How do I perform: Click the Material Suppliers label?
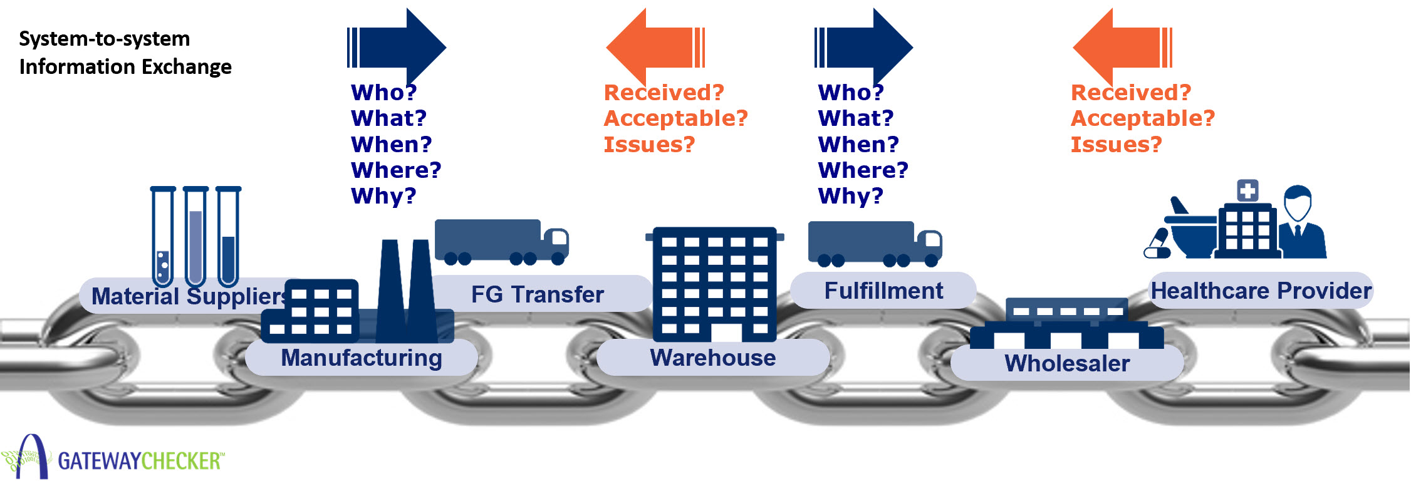pyautogui.click(x=188, y=296)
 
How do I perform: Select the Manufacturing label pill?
pyautogui.click(x=362, y=358)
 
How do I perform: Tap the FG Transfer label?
pyautogui.click(x=538, y=294)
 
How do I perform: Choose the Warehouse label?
pyautogui.click(x=713, y=358)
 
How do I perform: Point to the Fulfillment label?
pyautogui.click(x=883, y=291)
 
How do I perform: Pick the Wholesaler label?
pyautogui.click(x=1067, y=363)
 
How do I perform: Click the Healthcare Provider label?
pyautogui.click(x=1261, y=291)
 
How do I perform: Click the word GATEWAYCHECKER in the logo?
pyautogui.click(x=140, y=462)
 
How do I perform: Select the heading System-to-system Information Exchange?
pyautogui.click(x=125, y=53)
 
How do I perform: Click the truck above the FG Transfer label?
pyautogui.click(x=501, y=242)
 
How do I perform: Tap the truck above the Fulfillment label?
pyautogui.click(x=875, y=243)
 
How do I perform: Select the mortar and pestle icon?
pyautogui.click(x=1190, y=232)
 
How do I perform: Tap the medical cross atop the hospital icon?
pyautogui.click(x=1247, y=190)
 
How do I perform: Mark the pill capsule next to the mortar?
pyautogui.click(x=1157, y=244)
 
